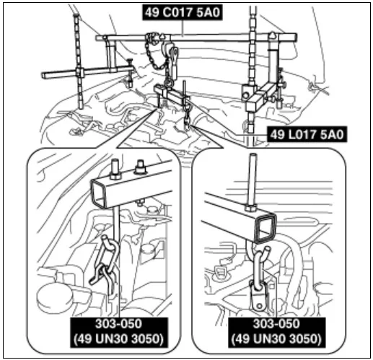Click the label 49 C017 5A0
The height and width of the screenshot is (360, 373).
[183, 12]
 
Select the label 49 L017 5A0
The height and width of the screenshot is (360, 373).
[307, 134]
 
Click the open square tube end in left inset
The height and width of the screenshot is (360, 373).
[99, 193]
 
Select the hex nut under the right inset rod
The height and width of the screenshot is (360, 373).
[251, 207]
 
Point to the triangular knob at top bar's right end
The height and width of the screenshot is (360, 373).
[272, 35]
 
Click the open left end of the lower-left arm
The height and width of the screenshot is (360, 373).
[43, 76]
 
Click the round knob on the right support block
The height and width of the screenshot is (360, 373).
[245, 95]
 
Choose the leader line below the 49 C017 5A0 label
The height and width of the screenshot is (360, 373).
[183, 28]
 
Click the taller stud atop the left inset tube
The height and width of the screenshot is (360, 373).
[115, 170]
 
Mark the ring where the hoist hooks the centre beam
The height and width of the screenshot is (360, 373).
[169, 83]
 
